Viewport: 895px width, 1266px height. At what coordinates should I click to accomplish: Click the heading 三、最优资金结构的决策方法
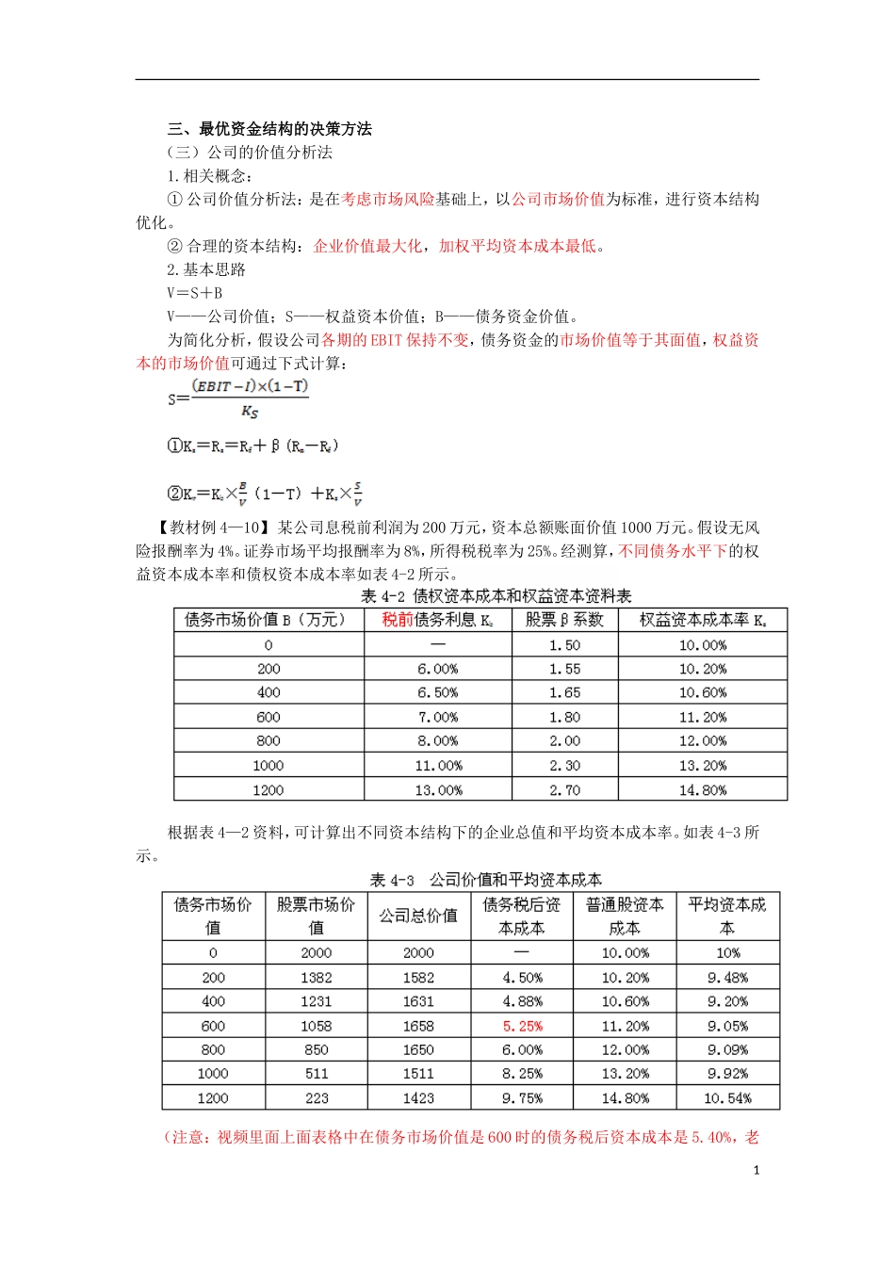269,129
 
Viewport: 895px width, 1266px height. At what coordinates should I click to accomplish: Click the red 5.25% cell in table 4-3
522,1026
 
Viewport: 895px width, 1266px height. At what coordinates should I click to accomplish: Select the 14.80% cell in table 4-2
702,790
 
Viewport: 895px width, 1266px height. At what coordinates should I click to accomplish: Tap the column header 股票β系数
564,620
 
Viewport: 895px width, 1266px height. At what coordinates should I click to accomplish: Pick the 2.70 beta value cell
564,790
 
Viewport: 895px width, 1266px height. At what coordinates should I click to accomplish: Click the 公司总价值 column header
418,916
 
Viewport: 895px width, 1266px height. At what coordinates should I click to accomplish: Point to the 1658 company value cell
418,1026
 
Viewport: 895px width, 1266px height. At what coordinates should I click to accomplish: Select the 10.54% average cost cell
727,1098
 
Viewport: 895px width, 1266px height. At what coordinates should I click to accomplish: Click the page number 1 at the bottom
756,1171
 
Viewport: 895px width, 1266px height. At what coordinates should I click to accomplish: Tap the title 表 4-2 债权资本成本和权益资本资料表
496,596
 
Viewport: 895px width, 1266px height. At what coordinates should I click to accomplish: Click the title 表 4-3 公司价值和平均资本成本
485,880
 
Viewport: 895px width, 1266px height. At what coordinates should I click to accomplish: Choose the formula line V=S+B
195,293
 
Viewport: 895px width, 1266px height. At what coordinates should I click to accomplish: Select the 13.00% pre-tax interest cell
438,790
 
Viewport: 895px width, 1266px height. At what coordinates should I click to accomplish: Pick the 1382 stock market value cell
317,978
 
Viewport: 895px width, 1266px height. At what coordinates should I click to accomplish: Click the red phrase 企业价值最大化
367,246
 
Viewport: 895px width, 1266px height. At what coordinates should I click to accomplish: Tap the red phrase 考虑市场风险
387,199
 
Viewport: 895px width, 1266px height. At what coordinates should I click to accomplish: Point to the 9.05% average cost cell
727,1026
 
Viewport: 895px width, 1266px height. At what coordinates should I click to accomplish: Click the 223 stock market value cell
317,1098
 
